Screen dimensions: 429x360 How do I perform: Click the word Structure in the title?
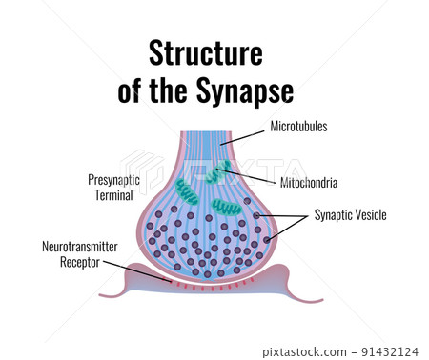[x=205, y=52]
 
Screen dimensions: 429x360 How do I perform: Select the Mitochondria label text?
[x=308, y=182]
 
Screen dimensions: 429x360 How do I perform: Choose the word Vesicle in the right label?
[x=368, y=215]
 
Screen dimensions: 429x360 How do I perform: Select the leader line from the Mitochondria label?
[x=253, y=176]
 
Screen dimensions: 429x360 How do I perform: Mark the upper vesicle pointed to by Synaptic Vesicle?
[x=256, y=217]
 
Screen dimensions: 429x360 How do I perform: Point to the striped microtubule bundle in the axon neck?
[x=214, y=143]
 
